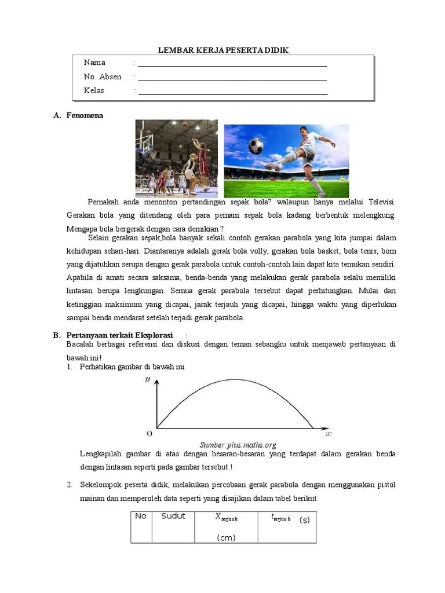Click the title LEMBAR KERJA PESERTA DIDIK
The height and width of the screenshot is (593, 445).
pos(224,50)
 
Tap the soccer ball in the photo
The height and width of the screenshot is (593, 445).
pos(256,147)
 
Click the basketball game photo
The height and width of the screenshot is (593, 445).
pos(176,158)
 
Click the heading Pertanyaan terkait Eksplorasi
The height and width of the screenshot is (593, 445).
pos(120,335)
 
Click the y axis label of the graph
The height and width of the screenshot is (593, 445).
pos(148,379)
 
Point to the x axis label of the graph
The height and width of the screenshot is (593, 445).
pos(329,433)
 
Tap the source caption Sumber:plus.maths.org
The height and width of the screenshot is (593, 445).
pos(238,444)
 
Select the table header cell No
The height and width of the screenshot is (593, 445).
pos(141,516)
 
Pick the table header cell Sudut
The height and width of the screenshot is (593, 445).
pos(173,516)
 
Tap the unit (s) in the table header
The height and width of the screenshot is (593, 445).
pos(305,519)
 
